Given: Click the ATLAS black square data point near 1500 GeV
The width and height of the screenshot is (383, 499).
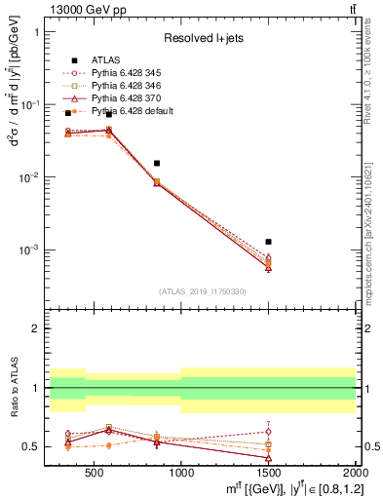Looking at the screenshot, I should (x=268, y=241).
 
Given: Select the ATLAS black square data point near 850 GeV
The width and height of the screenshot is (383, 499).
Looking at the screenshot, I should (x=156, y=163).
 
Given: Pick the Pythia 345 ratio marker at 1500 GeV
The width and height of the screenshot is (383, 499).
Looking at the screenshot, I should (x=268, y=431).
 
